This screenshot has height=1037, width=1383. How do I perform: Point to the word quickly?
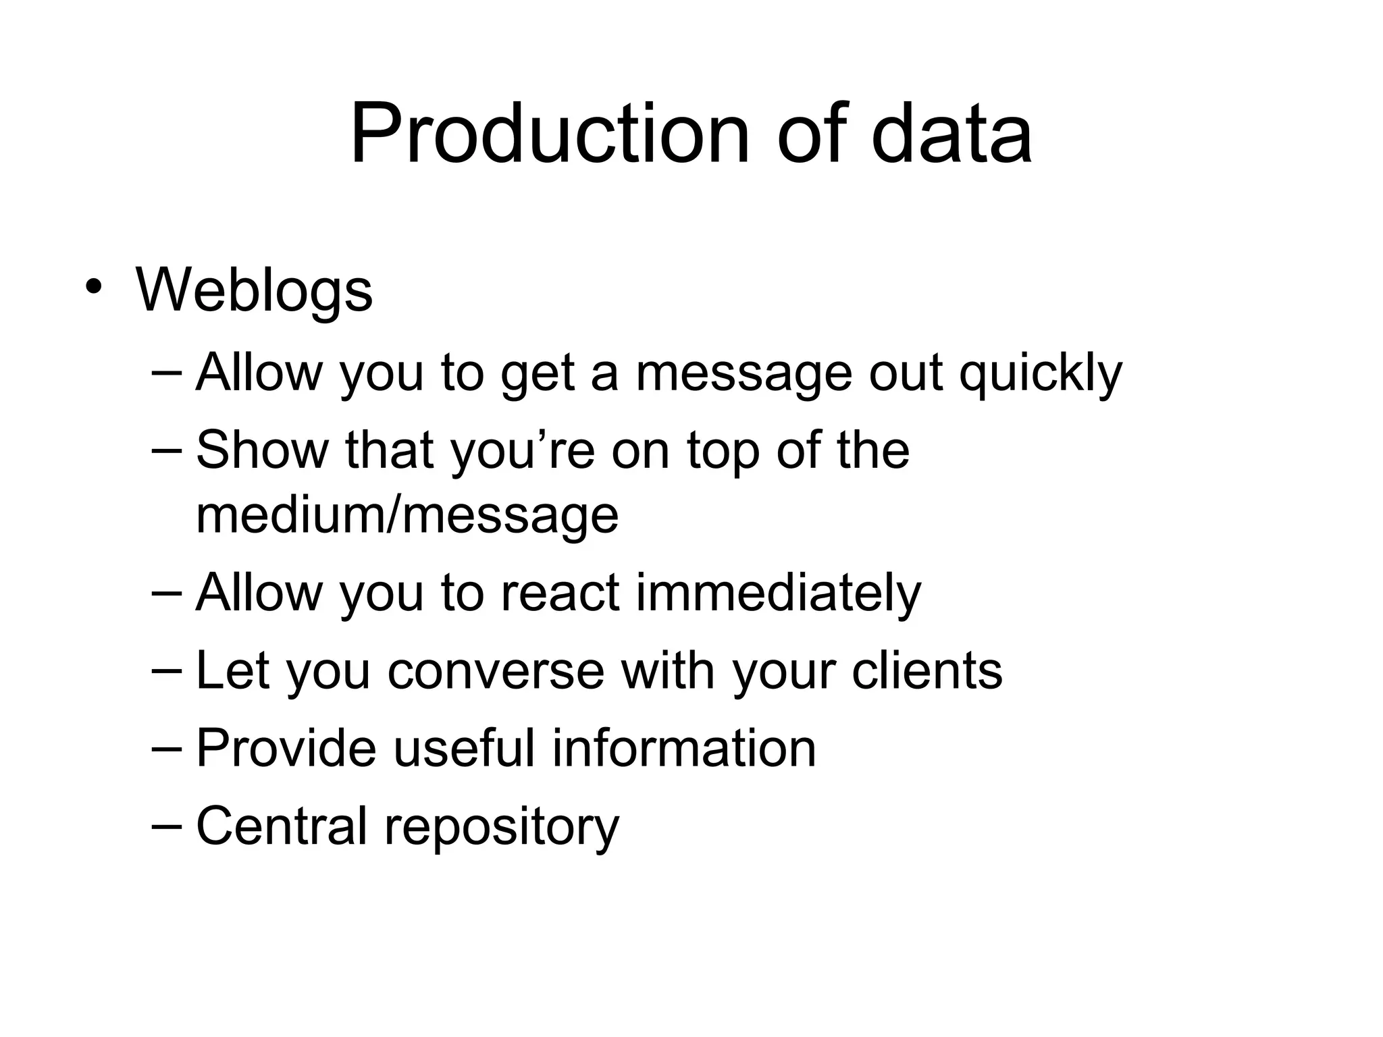coord(1041,373)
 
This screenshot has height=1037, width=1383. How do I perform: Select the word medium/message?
coord(407,516)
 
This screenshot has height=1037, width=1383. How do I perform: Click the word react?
coord(560,593)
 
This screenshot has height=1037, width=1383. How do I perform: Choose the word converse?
coord(496,671)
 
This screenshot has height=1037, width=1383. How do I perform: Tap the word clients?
coord(927,671)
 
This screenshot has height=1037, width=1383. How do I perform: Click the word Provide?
coord(286,748)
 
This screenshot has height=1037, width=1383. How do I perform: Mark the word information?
coord(683,748)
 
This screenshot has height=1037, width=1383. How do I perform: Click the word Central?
coord(281,825)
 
